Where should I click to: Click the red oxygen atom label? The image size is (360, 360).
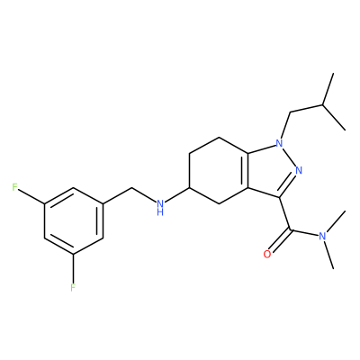[x=266, y=254]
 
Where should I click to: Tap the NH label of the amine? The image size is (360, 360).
[x=161, y=208]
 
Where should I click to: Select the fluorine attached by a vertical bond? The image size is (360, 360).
[x=73, y=287]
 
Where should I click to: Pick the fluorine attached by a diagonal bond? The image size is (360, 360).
[x=14, y=187]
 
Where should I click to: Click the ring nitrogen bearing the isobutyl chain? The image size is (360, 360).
[x=279, y=143]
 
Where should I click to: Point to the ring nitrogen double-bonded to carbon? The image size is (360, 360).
[x=298, y=170]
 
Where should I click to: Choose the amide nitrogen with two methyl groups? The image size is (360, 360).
[x=322, y=236]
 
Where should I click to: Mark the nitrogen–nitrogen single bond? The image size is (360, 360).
[x=289, y=157]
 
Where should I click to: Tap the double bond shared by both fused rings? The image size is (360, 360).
[x=247, y=171]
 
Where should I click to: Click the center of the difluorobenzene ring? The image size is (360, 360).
[x=74, y=221]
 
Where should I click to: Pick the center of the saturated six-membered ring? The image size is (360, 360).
[x=219, y=171]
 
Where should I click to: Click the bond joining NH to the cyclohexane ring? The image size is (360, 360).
[x=177, y=194]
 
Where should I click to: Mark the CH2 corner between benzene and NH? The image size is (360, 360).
[x=132, y=188]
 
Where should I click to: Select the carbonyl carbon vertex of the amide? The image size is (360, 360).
[x=291, y=230]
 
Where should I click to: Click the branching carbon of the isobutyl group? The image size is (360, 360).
[x=323, y=104]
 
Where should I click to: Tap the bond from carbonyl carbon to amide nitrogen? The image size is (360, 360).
[x=304, y=233]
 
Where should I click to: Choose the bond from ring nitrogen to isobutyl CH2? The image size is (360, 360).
[x=286, y=126]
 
